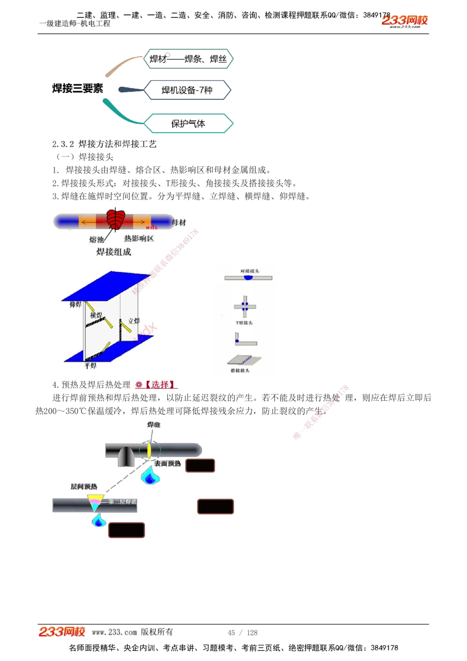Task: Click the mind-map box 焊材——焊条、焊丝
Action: point(188,59)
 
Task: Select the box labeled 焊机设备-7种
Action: point(187,90)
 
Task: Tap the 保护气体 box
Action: point(188,123)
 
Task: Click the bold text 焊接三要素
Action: point(78,88)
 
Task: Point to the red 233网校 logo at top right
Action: point(404,21)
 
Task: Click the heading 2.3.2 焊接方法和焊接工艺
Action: point(105,144)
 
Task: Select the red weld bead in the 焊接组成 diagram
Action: point(115,219)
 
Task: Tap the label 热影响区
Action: point(139,238)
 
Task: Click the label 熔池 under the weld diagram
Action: point(96,240)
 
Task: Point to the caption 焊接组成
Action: point(113,252)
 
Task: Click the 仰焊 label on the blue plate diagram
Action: point(75,305)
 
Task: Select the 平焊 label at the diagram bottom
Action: point(90,365)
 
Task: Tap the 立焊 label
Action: point(134,321)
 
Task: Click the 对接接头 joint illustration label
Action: point(250,271)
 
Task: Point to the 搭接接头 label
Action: point(240,370)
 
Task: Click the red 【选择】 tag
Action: point(160,384)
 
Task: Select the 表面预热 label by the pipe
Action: point(167,463)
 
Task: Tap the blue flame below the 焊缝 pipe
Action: point(150,476)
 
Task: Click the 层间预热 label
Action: point(84,486)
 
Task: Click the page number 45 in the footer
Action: point(231,633)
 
